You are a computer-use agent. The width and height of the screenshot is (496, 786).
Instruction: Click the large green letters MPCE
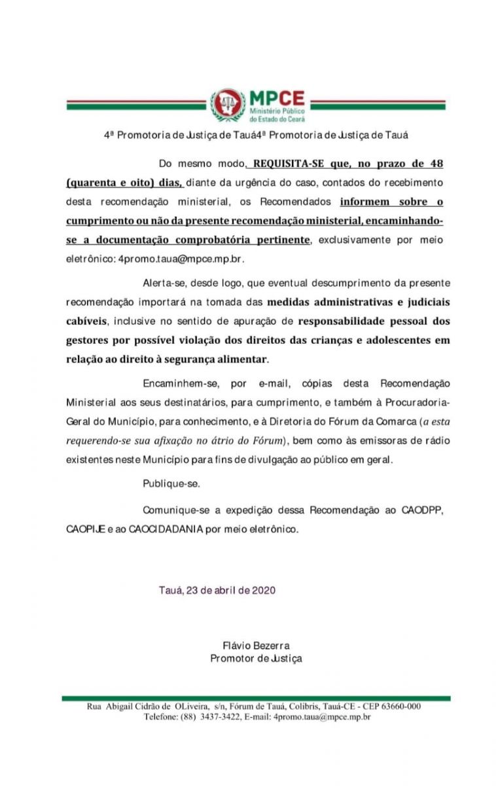[x=277, y=99]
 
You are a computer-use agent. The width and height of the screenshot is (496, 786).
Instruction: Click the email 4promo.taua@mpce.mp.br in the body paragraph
[x=181, y=259]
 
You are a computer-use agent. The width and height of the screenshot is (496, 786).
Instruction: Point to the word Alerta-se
[x=164, y=284]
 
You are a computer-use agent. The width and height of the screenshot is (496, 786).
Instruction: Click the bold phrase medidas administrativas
[x=328, y=303]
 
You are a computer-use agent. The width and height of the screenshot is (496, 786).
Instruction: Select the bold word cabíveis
[x=88, y=322]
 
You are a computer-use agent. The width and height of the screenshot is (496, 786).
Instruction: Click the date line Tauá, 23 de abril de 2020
[x=217, y=590]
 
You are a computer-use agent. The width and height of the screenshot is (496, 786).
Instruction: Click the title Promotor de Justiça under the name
[x=256, y=659]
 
